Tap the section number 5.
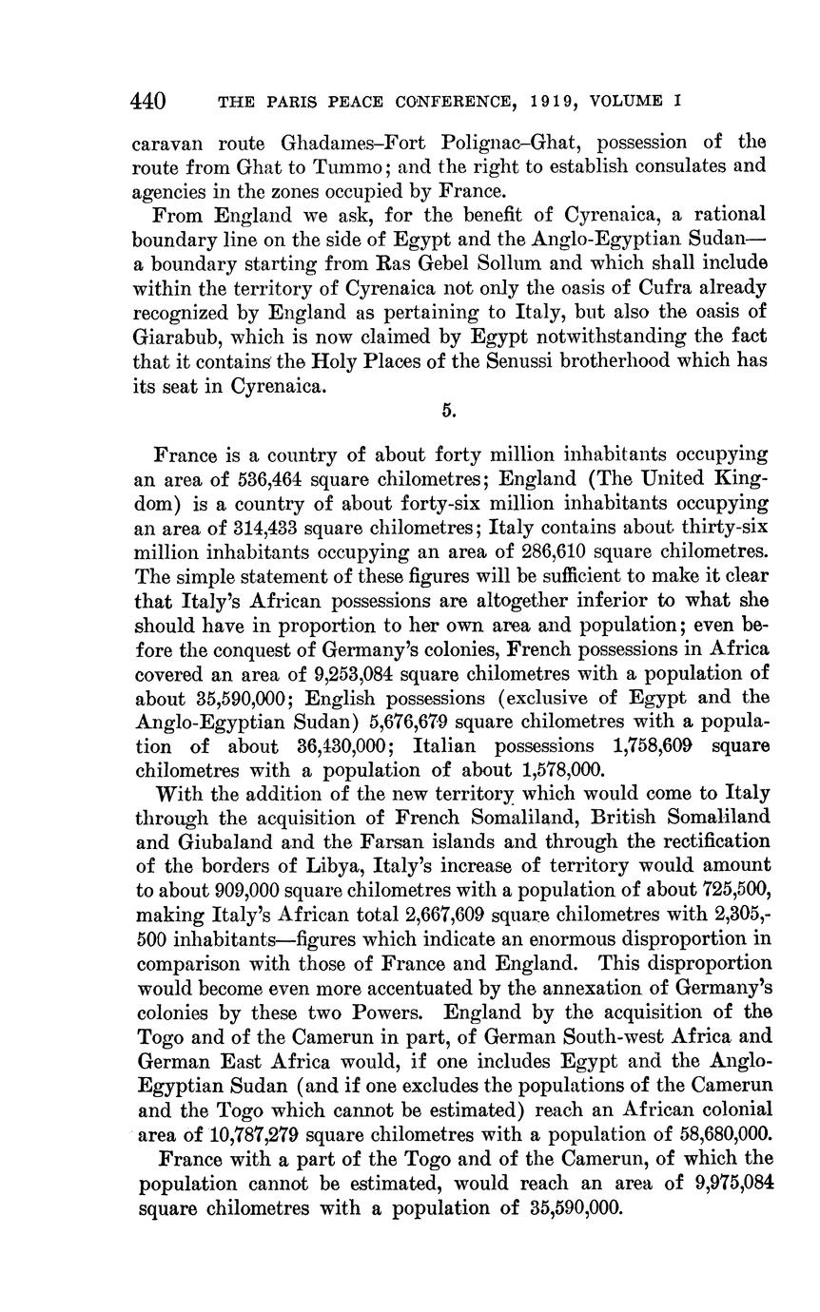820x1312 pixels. pos(449,411)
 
